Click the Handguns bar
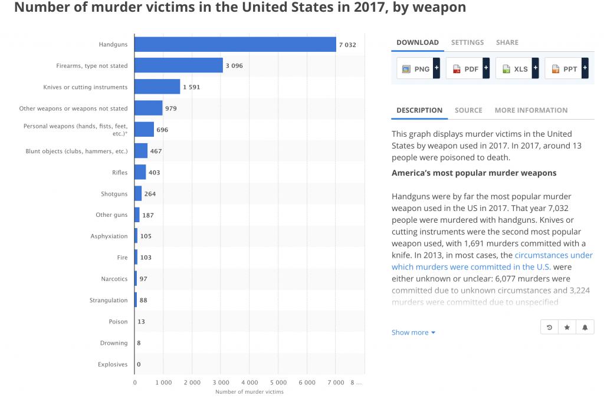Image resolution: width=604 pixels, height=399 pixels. [235, 44]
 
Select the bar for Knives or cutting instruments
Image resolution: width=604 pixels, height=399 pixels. [157, 87]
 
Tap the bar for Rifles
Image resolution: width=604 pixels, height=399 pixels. [140, 172]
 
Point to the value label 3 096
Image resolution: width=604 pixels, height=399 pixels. [233, 65]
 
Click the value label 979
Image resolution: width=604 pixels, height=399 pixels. [171, 108]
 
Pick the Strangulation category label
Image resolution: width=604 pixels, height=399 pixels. [109, 300]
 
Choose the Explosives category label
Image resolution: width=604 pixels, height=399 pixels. [113, 364]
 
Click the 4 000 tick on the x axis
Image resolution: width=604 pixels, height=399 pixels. [250, 382]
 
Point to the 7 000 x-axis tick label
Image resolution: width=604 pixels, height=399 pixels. [336, 382]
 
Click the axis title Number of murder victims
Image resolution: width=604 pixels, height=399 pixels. [249, 391]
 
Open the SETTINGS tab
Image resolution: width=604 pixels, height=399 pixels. [467, 42]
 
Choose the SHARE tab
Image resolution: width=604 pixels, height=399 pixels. [507, 42]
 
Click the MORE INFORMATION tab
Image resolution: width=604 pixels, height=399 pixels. [531, 110]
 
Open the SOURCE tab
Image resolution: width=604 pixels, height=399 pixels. [468, 110]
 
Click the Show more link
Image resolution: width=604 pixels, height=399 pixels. [413, 332]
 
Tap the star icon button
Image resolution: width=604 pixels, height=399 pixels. [567, 327]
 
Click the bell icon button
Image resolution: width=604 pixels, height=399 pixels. [585, 327]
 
